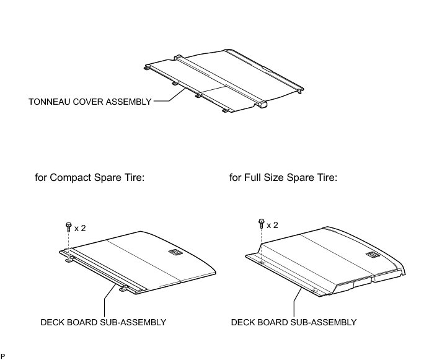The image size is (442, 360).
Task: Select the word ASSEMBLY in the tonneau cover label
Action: point(130,102)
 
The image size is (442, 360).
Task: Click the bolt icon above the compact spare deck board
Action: point(68,226)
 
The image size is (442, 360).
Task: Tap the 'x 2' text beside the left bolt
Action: point(80,228)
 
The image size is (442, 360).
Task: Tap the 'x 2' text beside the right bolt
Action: point(272,224)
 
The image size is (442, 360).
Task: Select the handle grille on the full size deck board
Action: point(374,254)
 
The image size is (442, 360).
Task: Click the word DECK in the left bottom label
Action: point(52,322)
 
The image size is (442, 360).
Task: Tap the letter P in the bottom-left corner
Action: point(2,356)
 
